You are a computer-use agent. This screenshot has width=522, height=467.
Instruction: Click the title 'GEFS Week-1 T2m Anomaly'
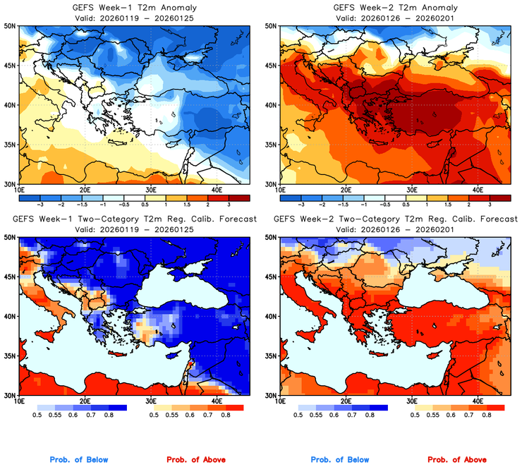(x=133, y=6)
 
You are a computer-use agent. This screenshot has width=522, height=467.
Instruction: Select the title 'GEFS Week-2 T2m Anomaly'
(x=394, y=6)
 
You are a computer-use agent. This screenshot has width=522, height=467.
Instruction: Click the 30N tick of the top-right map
(x=271, y=184)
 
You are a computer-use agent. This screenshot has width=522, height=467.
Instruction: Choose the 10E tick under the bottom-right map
(x=280, y=401)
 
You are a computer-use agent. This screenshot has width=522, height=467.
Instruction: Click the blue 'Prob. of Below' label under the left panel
(x=79, y=460)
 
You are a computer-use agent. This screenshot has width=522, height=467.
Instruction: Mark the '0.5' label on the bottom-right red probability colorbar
(x=416, y=416)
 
